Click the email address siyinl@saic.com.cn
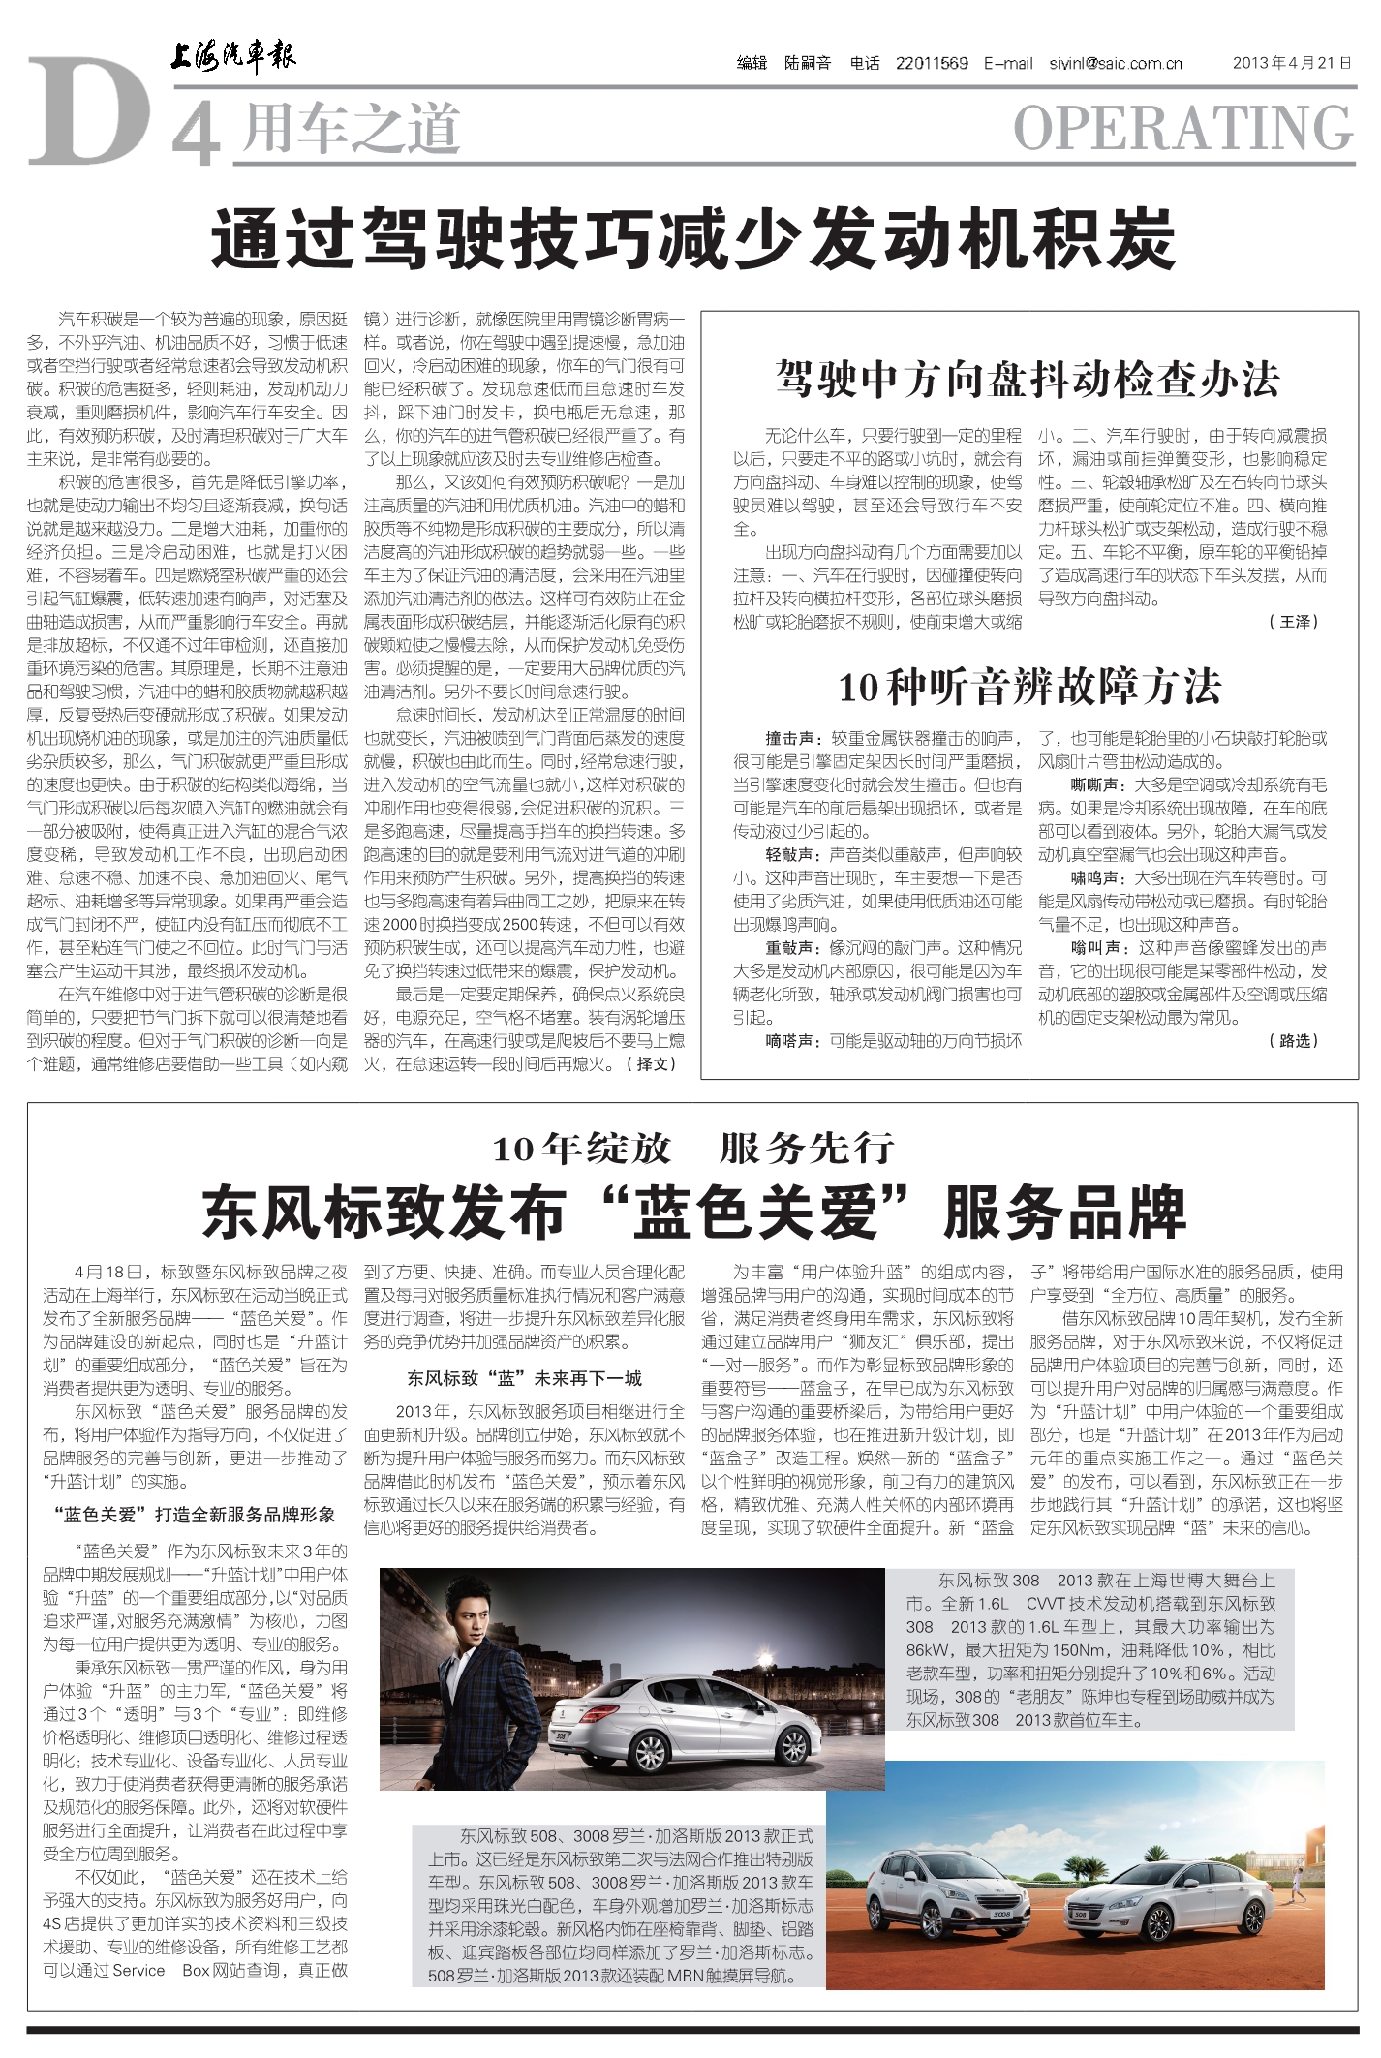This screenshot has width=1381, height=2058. (x=1116, y=64)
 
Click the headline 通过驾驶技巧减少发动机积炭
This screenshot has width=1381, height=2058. (x=691, y=238)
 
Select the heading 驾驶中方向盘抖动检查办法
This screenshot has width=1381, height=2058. (x=1028, y=379)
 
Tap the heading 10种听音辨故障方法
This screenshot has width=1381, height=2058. (x=1028, y=687)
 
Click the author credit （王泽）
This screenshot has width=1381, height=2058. (x=1294, y=622)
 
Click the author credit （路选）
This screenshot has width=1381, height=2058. (x=1294, y=1040)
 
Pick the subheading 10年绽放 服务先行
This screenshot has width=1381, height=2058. (x=691, y=1149)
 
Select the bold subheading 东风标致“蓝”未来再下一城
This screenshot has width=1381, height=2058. (x=524, y=1377)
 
